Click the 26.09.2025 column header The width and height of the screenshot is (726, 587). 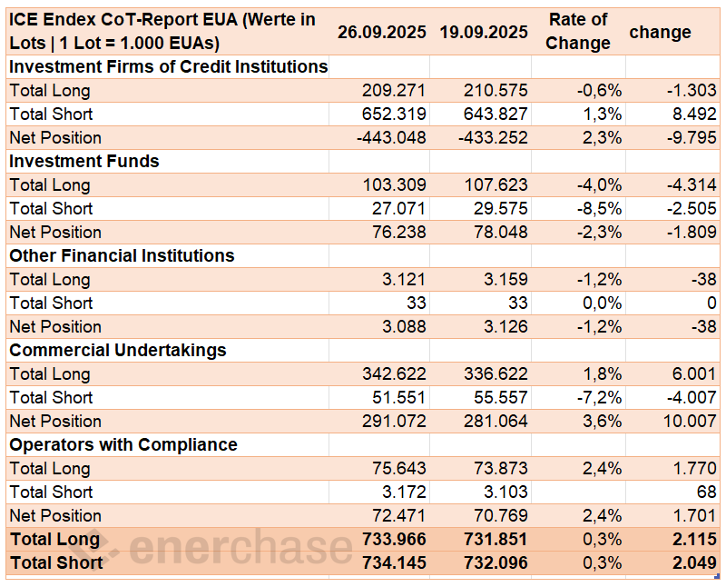click(381, 32)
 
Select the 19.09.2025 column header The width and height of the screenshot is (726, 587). click(484, 32)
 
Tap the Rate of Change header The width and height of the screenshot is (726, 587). click(578, 32)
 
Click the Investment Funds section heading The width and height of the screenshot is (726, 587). click(84, 161)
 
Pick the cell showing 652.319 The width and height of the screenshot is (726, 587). click(393, 114)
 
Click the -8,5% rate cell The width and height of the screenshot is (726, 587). click(599, 208)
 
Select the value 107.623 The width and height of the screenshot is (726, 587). click(495, 184)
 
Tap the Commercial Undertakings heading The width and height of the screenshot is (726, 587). click(118, 350)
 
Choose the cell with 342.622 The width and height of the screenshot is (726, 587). click(393, 373)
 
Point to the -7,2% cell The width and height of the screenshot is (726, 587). click(599, 397)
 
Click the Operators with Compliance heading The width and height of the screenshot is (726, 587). click(123, 444)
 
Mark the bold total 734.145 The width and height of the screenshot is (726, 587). click(393, 562)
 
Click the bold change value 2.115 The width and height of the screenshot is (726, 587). click(694, 539)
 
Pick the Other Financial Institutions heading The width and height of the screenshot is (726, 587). click(122, 255)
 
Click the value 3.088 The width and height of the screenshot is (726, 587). click(404, 326)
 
